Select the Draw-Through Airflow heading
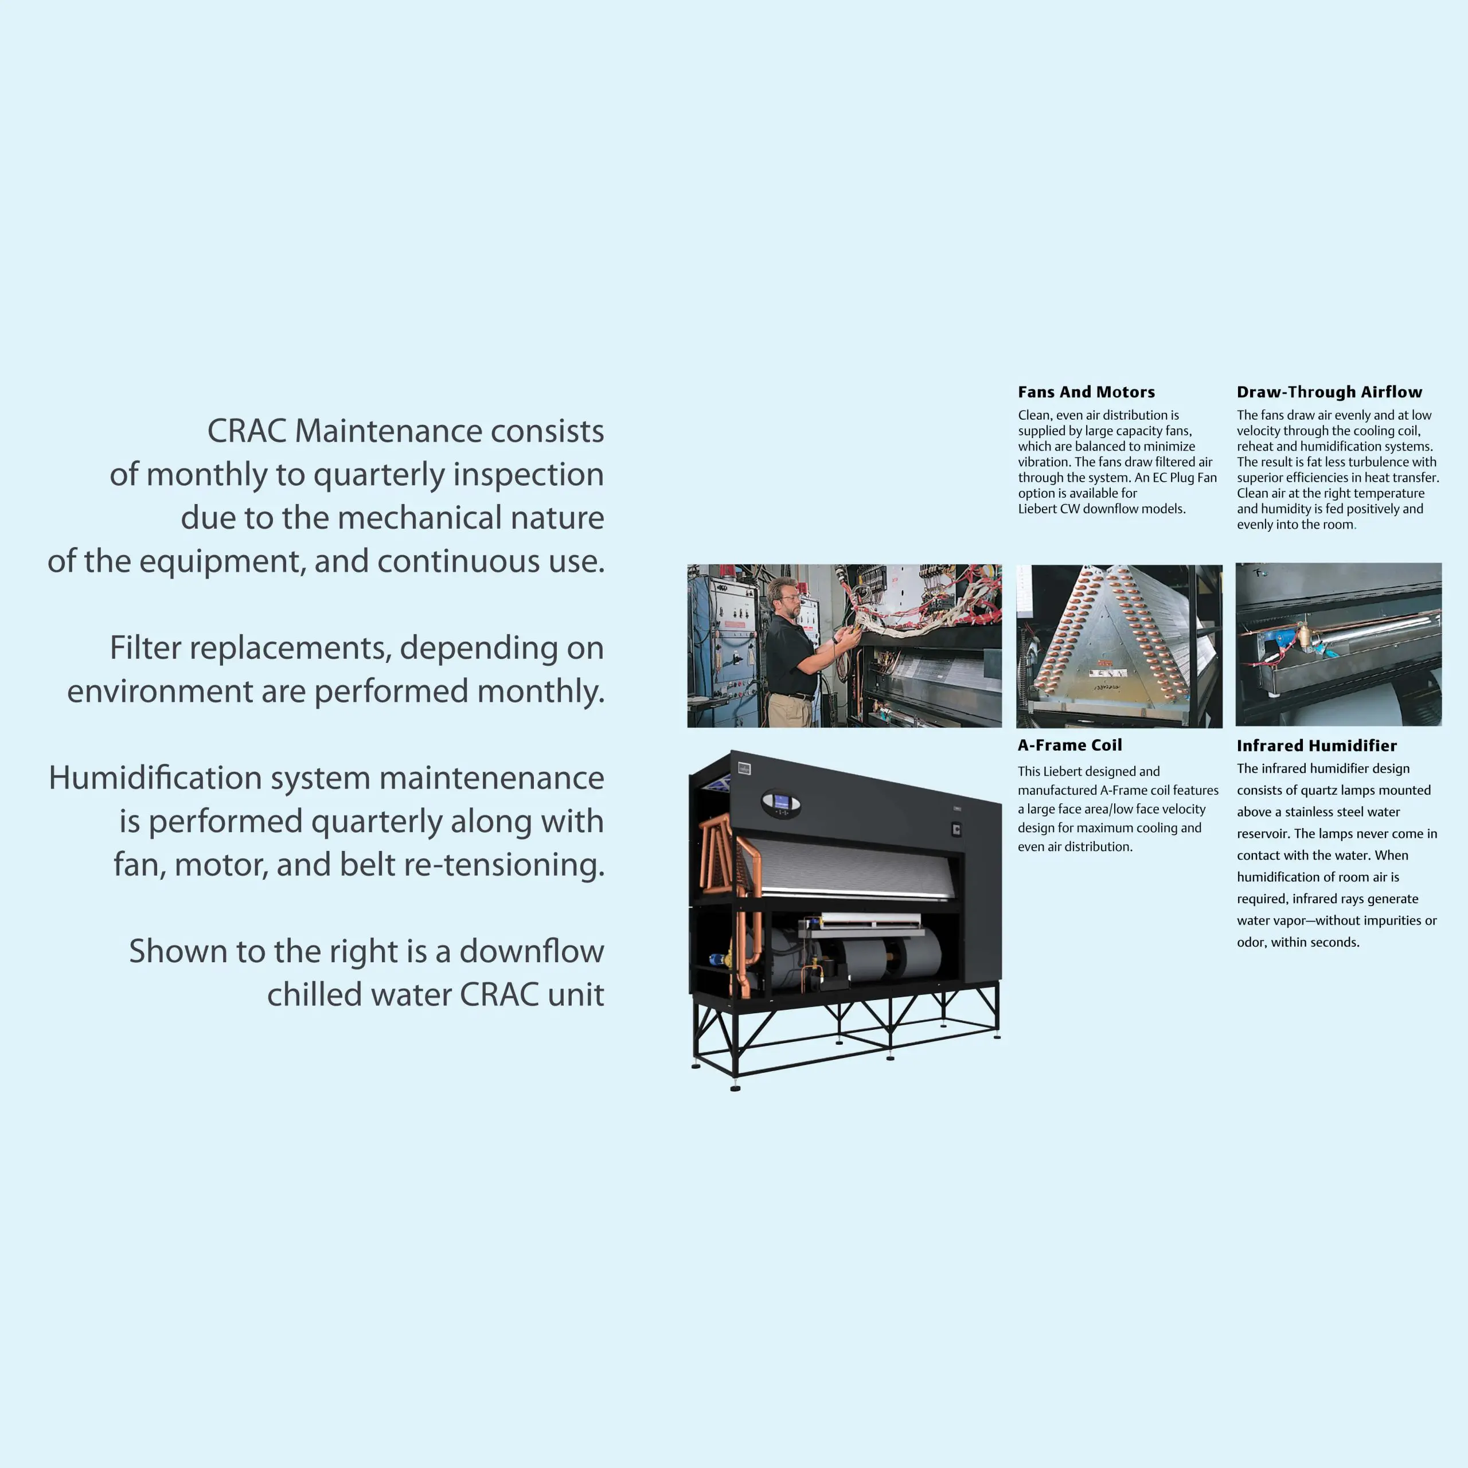click(1330, 392)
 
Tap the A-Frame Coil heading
click(1070, 745)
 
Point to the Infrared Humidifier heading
click(1317, 746)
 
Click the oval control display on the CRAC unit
click(780, 803)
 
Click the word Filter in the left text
click(145, 648)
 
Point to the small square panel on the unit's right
click(956, 829)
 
